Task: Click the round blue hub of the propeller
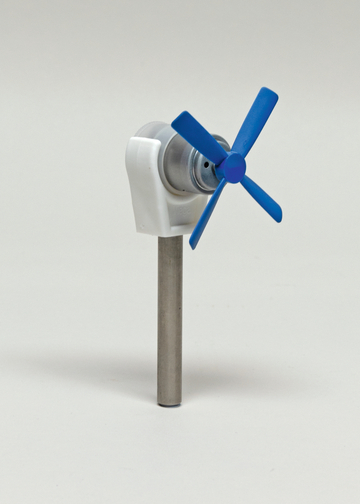pos(233,167)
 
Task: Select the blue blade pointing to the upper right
pos(255,124)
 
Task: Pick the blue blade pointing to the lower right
pos(261,195)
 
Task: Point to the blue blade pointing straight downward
pos(208,210)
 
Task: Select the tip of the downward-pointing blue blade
pos(193,243)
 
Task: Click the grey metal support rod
pos(169,320)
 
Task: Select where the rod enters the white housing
pos(168,236)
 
